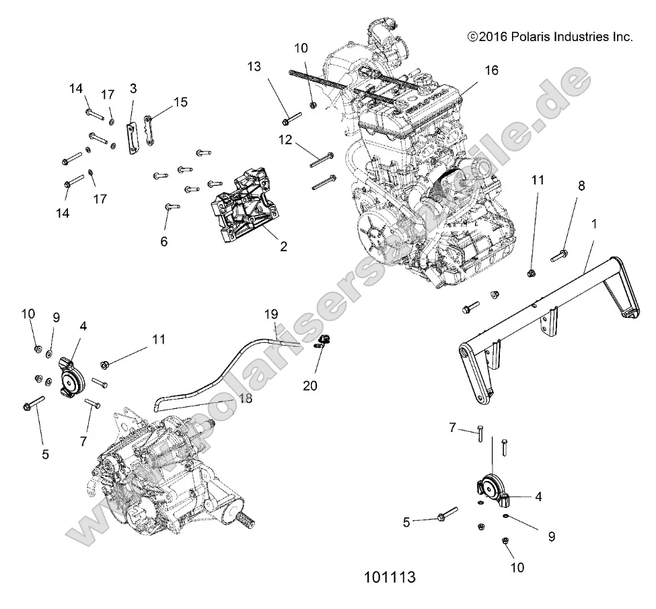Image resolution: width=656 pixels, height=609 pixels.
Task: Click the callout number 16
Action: point(491,70)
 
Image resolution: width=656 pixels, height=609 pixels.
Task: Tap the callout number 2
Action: point(283,247)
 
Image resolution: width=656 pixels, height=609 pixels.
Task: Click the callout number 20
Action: point(310,385)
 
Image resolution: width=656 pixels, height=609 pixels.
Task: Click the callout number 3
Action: point(133,88)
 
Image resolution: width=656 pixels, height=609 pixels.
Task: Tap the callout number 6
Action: point(163,241)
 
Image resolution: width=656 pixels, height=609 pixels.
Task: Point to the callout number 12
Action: point(287,139)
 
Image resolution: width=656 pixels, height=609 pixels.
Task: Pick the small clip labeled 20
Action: point(323,339)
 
